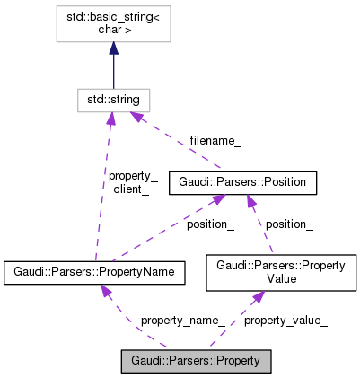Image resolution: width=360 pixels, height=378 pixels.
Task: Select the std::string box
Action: pos(113,99)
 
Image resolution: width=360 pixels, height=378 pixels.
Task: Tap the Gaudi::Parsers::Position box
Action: pos(241,182)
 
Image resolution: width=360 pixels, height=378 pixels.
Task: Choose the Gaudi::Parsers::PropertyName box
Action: pos(94,271)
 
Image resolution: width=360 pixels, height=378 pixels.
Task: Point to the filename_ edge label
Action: pos(215,141)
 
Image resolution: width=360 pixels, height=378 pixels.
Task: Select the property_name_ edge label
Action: pos(182,320)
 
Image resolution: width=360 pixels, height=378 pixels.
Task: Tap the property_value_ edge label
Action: pos(285,320)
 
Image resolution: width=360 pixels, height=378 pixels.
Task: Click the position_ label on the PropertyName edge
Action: pos(210,224)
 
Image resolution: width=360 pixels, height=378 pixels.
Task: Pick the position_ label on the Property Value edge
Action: pos(289,224)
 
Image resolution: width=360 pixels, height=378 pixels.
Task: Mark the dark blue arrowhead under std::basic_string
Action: pos(113,49)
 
